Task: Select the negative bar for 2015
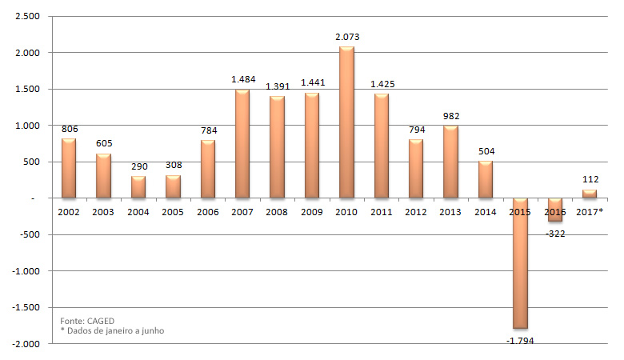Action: tap(520, 263)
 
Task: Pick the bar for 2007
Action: tap(242, 143)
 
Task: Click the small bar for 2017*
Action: tap(590, 194)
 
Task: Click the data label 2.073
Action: tap(346, 37)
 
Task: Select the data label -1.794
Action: tap(520, 340)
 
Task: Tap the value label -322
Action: tap(554, 234)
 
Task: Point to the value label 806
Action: tap(69, 128)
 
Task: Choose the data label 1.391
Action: tap(277, 86)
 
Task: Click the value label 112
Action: tap(590, 179)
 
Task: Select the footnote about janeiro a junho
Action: tap(112, 331)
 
